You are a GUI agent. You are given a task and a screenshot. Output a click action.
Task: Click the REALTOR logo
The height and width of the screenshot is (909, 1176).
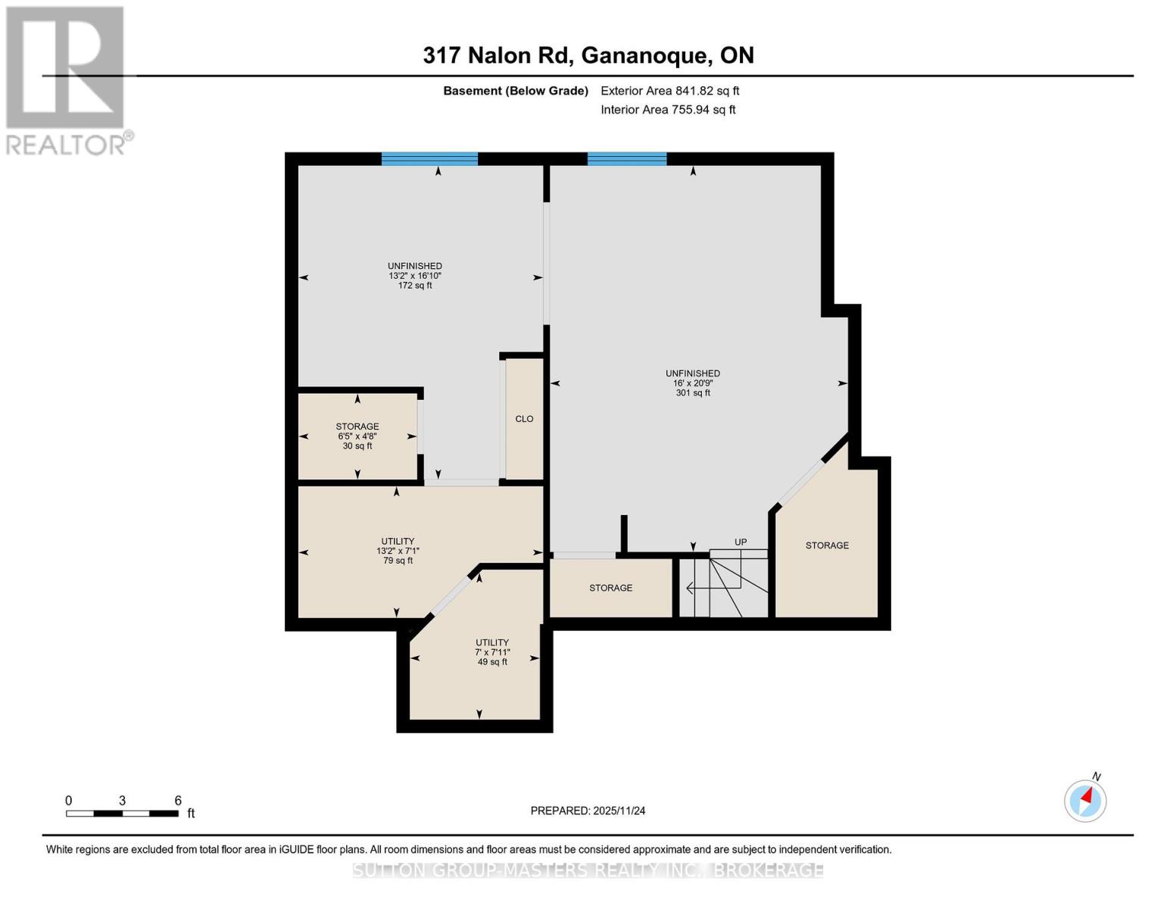(67, 80)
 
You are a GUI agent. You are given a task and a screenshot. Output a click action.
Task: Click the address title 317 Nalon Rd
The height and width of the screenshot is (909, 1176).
(588, 55)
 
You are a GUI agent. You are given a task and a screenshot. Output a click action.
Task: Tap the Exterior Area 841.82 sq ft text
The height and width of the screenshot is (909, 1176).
(669, 91)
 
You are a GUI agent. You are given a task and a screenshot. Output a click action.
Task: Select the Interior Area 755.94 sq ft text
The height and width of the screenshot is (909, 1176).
(668, 110)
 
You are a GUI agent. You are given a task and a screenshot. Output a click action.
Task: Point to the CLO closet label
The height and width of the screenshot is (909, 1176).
(524, 419)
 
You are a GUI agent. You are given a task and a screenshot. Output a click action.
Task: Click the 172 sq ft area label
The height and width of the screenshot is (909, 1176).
(415, 286)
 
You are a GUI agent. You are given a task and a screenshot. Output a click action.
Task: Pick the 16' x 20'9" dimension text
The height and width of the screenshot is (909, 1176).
(693, 383)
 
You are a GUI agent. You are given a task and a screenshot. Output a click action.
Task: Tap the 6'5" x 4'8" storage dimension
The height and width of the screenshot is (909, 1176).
(357, 436)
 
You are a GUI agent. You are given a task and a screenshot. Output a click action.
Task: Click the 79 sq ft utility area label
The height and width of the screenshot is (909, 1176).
(398, 561)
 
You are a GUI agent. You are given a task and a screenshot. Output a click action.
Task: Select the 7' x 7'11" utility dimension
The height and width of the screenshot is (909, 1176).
(492, 652)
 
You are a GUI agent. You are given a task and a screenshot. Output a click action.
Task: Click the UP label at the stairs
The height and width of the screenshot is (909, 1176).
(741, 542)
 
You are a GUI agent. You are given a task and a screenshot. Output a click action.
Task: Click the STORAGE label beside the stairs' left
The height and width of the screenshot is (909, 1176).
(610, 588)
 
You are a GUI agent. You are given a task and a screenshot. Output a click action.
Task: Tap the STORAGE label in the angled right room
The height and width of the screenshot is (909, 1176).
(827, 545)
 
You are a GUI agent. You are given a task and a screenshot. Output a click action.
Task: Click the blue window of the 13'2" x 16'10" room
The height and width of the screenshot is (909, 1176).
(429, 158)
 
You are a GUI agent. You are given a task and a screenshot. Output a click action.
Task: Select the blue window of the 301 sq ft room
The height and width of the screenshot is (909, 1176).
(627, 158)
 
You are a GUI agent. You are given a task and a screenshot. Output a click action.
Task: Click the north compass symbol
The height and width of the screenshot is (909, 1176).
(1085, 800)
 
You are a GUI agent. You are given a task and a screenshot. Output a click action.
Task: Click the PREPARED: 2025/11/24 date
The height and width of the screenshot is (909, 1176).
(588, 811)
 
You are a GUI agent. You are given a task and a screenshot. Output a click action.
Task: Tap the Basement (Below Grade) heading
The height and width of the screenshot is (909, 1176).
(516, 91)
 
